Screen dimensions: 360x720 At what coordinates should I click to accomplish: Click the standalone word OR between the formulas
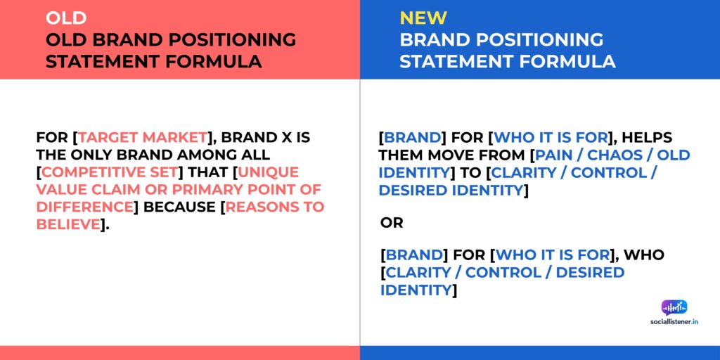point(392,222)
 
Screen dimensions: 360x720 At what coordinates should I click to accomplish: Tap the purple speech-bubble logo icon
point(674,307)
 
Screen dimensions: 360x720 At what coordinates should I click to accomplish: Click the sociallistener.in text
point(674,321)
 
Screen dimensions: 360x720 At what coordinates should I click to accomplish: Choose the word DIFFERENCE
point(85,207)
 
